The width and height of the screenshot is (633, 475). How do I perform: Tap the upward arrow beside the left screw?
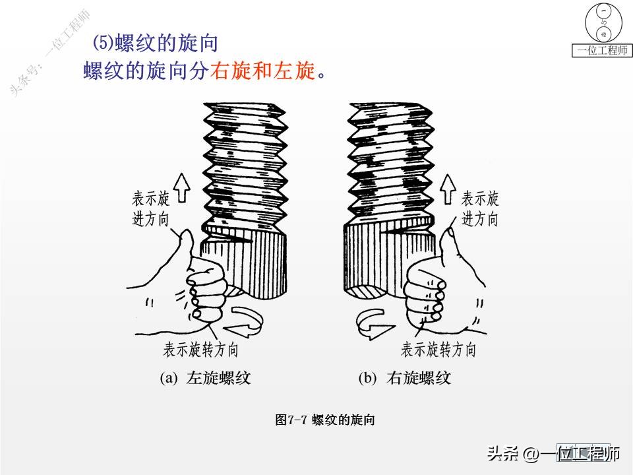(181, 187)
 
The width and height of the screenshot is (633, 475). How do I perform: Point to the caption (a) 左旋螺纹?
(206, 378)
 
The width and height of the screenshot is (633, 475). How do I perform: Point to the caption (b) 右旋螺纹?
(404, 378)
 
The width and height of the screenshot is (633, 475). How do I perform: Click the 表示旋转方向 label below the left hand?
(200, 350)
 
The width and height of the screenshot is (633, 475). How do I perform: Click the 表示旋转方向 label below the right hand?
(438, 350)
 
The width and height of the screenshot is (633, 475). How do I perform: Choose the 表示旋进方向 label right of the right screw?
(479, 208)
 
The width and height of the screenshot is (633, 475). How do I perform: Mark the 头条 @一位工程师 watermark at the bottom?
(554, 454)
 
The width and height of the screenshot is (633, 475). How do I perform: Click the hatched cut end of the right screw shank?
(366, 293)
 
